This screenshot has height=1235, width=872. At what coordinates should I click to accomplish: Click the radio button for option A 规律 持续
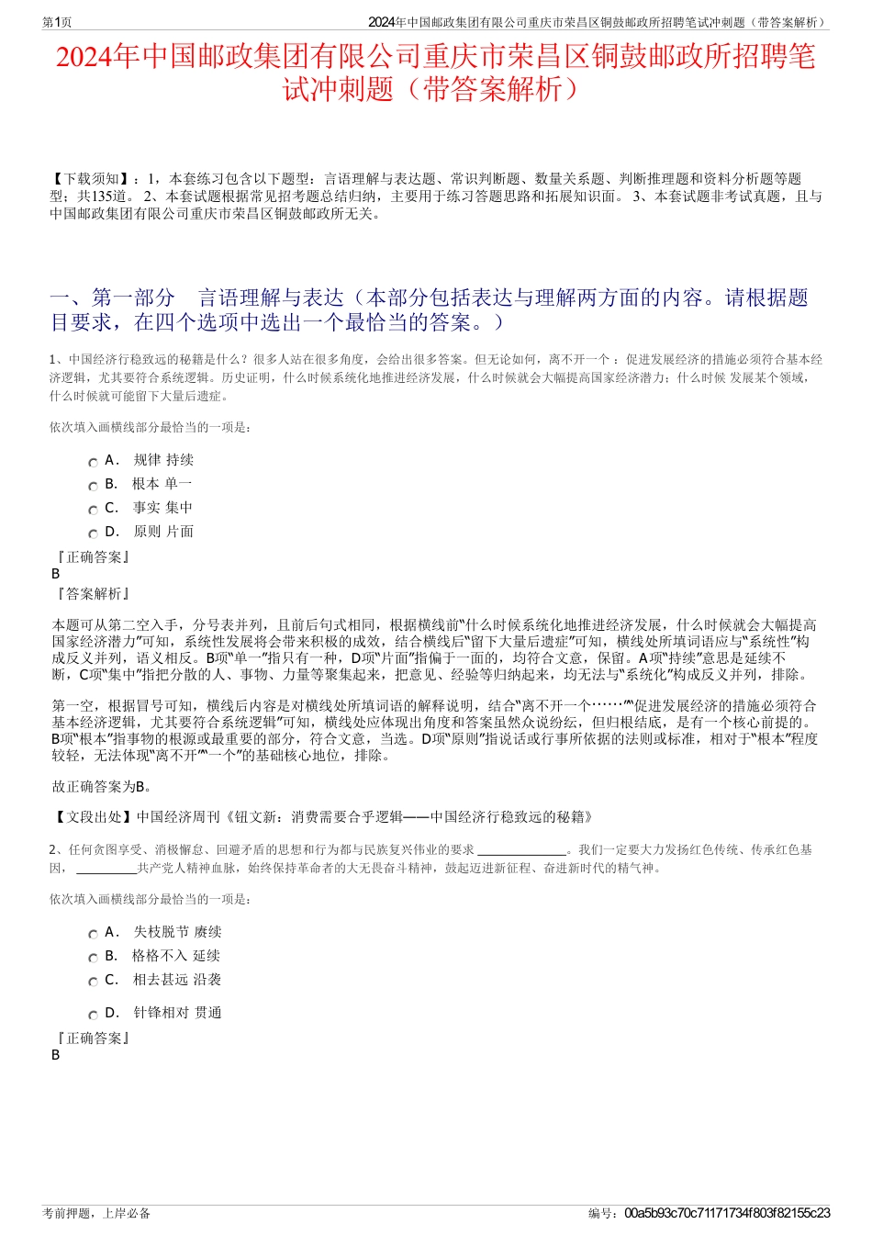click(93, 463)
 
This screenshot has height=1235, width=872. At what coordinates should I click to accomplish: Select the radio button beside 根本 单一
click(93, 487)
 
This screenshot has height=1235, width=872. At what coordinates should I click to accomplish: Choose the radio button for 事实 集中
click(93, 511)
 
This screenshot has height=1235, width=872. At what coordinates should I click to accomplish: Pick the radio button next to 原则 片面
click(93, 534)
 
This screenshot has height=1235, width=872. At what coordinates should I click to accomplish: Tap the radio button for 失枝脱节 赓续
click(93, 935)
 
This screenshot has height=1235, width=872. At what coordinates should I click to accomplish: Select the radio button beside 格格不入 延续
click(93, 959)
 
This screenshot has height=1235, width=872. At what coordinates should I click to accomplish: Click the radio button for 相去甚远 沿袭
click(93, 982)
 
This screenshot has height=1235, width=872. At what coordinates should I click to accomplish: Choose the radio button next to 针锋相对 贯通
click(93, 1016)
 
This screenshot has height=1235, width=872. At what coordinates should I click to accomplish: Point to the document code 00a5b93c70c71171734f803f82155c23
click(727, 1213)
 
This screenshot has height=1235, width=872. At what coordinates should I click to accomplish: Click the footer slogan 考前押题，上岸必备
click(96, 1213)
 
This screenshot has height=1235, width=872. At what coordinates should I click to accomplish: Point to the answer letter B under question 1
click(56, 574)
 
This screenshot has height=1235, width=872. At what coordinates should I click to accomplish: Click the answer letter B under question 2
click(56, 1055)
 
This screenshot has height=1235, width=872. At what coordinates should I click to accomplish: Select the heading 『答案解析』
click(93, 594)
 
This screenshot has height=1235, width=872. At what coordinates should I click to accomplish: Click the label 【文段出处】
click(93, 816)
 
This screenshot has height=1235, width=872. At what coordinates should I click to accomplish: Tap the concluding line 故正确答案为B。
click(102, 786)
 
